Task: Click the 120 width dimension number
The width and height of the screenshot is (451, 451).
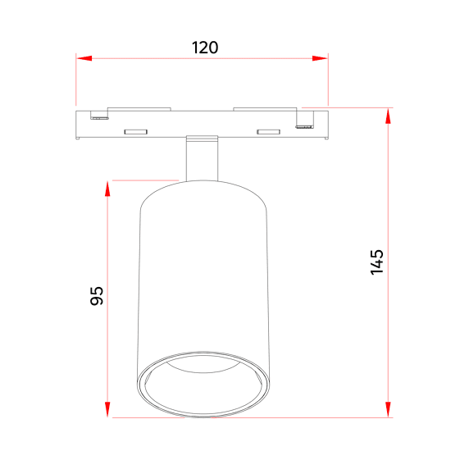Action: click(x=205, y=48)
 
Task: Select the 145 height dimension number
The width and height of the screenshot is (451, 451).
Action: click(x=377, y=262)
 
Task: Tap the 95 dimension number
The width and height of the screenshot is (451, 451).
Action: click(x=97, y=296)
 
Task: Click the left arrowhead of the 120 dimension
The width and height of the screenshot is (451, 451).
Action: click(x=84, y=58)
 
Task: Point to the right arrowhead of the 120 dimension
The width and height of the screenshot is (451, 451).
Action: click(x=320, y=58)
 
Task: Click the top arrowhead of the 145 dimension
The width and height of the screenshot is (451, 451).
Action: click(x=388, y=116)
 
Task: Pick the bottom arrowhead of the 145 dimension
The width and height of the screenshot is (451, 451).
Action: click(x=388, y=409)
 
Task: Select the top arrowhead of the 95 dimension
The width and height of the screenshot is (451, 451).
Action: click(x=107, y=189)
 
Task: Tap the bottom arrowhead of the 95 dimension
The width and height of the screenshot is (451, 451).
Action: click(x=107, y=409)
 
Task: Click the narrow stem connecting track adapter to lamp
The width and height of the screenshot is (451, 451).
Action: click(x=202, y=161)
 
